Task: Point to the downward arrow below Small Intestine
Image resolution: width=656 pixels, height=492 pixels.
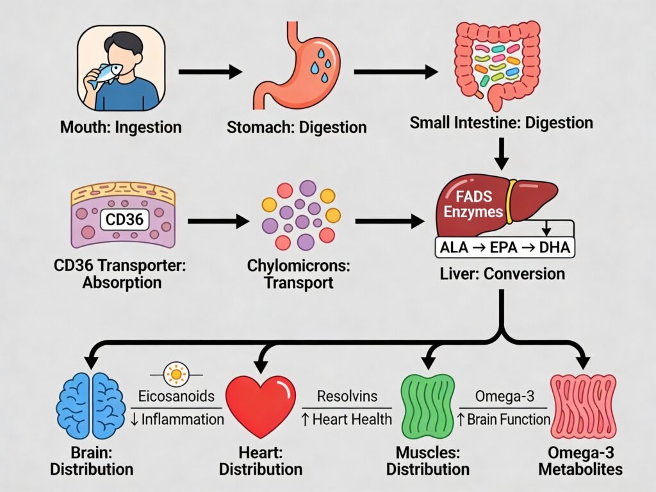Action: pyautogui.click(x=502, y=152)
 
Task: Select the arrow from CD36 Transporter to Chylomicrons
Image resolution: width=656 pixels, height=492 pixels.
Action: pyautogui.click(x=218, y=222)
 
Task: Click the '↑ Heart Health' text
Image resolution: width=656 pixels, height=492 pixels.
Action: pyautogui.click(x=346, y=419)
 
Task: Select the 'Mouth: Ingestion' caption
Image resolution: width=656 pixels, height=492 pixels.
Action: pyautogui.click(x=120, y=127)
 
